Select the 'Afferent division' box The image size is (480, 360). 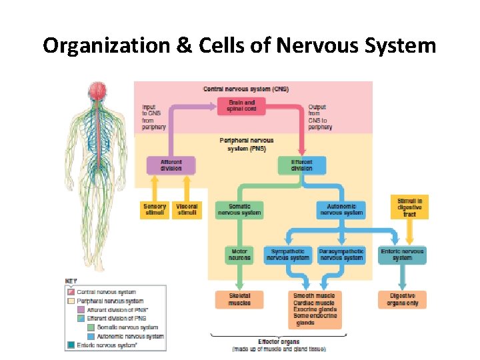coord(171,165)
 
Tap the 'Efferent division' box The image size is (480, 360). coord(301,165)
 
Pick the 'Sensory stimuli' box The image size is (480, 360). coord(155,209)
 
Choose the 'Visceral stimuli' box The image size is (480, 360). coord(187,209)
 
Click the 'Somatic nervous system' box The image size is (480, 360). coord(239,209)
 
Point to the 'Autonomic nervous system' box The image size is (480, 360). coord(341,209)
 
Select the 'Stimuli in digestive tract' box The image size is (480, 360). coord(409,207)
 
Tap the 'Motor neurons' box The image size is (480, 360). coord(239,255)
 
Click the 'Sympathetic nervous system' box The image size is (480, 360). coord(288,255)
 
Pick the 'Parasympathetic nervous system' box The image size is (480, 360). coord(341,255)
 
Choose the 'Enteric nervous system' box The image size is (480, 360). coord(402,255)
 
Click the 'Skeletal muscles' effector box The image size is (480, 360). coord(239,299)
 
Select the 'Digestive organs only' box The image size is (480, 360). coord(402,299)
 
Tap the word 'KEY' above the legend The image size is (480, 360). coord(71,281)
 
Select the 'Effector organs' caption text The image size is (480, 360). coord(279,341)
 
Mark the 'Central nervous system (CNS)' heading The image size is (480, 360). coord(245,89)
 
